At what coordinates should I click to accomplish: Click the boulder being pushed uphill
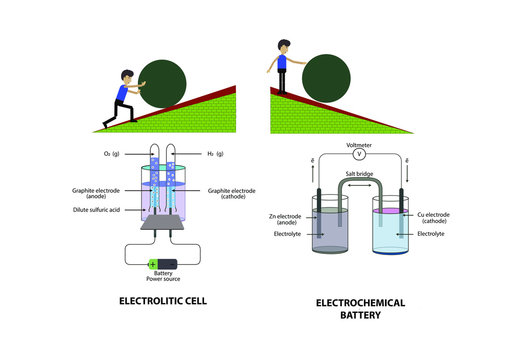click(x=163, y=85)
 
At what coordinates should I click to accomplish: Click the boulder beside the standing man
click(x=327, y=77)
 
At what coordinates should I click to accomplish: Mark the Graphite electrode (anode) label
click(x=96, y=192)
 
